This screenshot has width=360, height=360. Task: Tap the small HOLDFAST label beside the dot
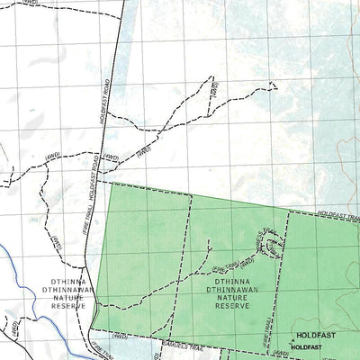307,346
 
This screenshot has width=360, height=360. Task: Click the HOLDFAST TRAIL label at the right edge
339,214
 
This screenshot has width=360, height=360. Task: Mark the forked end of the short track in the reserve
209,241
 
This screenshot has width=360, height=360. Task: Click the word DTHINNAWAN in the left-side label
61,287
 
